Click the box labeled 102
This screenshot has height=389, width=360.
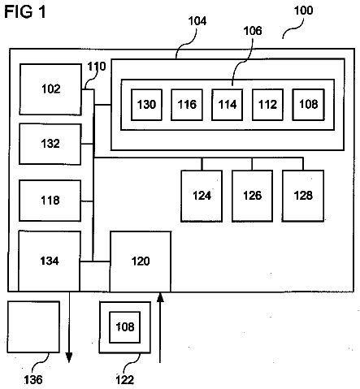pos(50,89)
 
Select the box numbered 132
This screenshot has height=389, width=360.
pos(50,144)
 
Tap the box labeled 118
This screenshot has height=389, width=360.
pos(50,201)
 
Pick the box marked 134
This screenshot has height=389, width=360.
pos(50,261)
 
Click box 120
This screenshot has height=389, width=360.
pos(141,261)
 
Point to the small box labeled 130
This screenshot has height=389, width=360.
pos(146,105)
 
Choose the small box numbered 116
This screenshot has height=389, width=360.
pos(187,105)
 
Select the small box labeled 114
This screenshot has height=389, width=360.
pos(227,105)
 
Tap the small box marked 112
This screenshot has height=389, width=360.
pos(267,105)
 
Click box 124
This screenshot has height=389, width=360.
pos(202,196)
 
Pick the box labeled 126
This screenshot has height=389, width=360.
pos(252,196)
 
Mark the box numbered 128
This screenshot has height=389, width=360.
pos(303,196)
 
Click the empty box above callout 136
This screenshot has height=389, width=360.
pos(33,327)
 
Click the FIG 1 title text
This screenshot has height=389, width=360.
pos(25,12)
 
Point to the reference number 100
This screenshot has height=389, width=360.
pos(303,11)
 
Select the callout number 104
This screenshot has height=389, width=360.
pos(197,21)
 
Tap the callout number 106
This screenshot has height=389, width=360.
pos(253,31)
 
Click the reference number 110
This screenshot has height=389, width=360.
pos(97,67)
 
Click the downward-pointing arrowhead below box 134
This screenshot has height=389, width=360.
pos(69,357)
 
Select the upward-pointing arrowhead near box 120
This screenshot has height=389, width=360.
pos(160,297)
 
